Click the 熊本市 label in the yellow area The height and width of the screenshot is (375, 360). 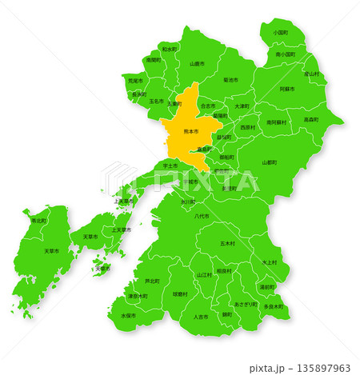click(x=190, y=131)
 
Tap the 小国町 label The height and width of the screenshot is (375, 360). click(x=280, y=33)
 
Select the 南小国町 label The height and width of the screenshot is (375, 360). click(x=286, y=54)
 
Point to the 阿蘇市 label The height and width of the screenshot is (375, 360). click(x=287, y=90)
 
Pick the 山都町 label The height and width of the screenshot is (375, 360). click(x=270, y=162)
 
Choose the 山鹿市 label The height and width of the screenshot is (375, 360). click(x=197, y=63)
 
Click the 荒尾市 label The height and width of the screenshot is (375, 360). click(x=135, y=81)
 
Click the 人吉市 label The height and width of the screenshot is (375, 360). click(x=201, y=317)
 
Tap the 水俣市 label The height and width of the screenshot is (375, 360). click(x=128, y=316)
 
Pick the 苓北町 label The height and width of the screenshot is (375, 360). click(x=38, y=220)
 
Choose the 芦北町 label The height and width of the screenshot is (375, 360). click(x=152, y=281)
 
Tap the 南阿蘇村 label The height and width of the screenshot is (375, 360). click(x=278, y=122)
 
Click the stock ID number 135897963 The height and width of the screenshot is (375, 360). click(x=320, y=369)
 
